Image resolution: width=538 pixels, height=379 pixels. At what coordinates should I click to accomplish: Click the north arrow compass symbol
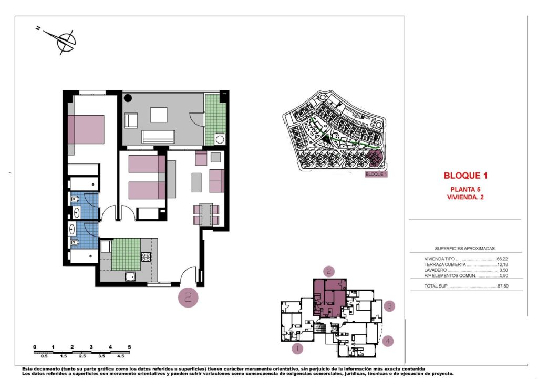coord(65,40)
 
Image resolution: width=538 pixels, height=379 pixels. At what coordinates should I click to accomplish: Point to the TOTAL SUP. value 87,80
coord(503,286)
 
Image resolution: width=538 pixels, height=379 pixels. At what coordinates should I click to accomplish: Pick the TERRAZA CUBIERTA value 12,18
coord(503,265)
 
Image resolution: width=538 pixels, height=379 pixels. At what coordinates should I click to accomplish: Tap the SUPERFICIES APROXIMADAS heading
coord(464,248)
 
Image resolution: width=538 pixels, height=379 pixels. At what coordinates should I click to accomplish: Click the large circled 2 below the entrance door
coord(189,298)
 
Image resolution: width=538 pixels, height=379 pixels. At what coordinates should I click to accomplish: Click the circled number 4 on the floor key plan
coord(387,341)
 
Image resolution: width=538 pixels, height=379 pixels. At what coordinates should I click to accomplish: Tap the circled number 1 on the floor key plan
coord(297,348)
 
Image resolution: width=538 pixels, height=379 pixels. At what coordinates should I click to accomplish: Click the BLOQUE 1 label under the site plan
coord(376,174)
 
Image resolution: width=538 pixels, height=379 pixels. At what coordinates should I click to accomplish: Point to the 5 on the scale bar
coord(129,347)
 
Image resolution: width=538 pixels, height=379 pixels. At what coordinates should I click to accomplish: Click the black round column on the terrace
coord(128,97)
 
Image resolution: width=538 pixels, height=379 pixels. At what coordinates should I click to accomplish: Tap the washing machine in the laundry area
coord(220,139)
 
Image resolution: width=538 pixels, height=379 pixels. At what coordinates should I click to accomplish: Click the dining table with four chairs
coord(206,213)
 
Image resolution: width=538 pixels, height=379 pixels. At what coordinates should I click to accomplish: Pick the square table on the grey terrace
coord(159,115)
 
